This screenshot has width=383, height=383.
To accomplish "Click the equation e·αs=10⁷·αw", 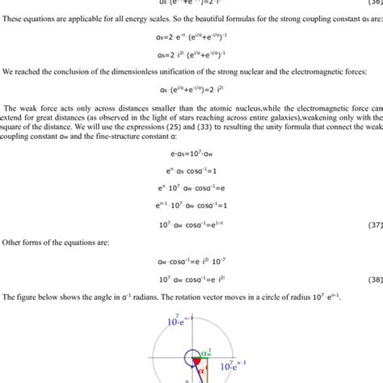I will coord(191,175).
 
